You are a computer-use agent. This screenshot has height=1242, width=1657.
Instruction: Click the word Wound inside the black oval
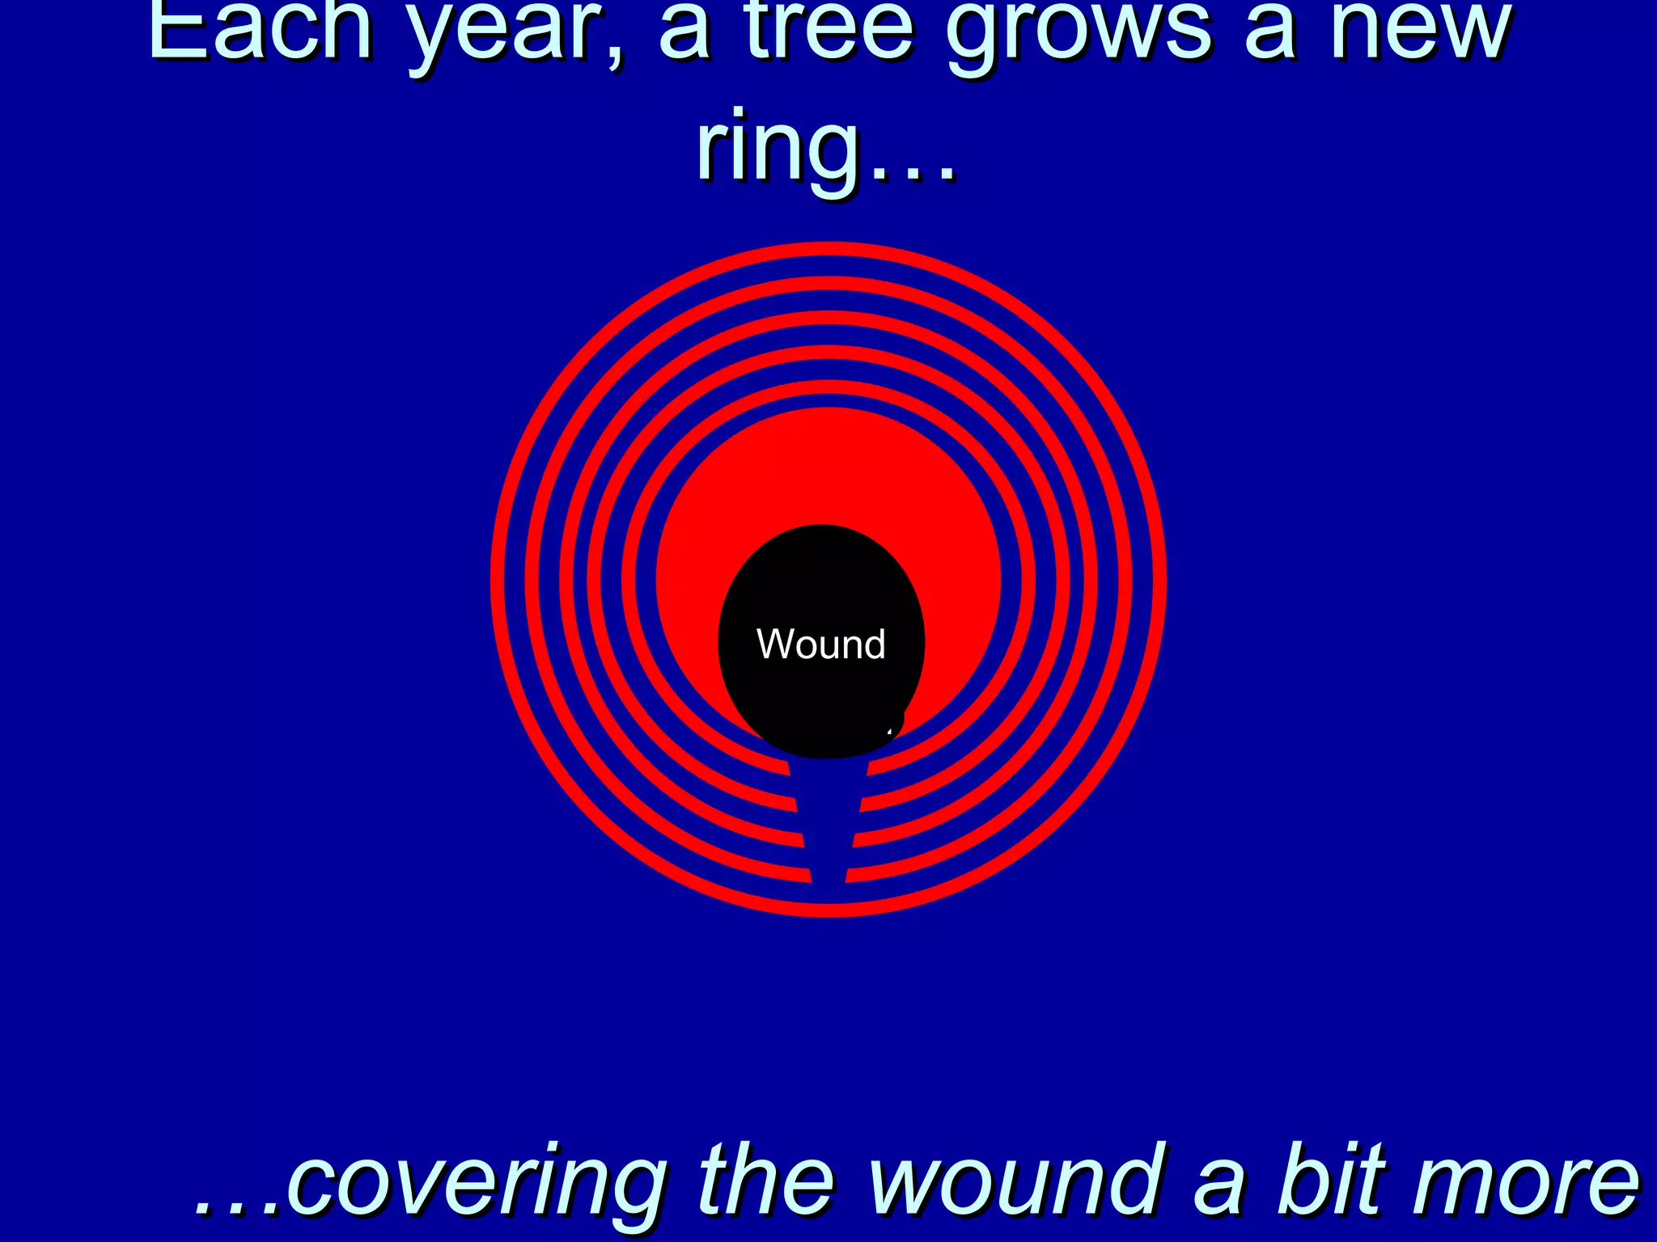point(820,644)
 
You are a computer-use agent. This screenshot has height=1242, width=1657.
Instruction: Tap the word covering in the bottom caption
point(477,1182)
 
